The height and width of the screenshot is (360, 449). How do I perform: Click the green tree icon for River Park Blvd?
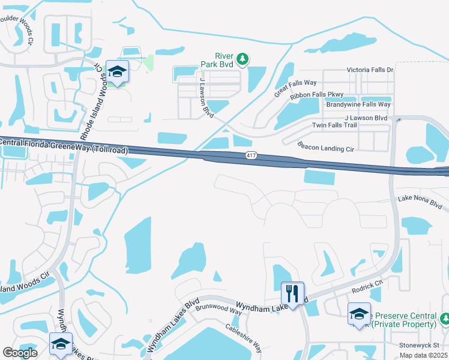[x=242, y=59]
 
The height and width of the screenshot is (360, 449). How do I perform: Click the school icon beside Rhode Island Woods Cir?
[x=118, y=73]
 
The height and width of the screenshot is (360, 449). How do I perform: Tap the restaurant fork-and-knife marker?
[x=292, y=294]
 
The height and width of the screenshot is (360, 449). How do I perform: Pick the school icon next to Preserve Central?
[x=360, y=314]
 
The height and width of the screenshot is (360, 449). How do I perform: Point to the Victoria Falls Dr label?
[x=370, y=70]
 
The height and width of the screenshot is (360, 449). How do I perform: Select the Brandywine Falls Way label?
[x=358, y=104]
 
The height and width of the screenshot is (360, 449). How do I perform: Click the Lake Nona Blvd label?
[x=420, y=202]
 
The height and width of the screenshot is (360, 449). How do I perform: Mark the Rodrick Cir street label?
[x=367, y=287]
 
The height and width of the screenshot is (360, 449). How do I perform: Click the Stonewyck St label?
[x=420, y=346]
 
